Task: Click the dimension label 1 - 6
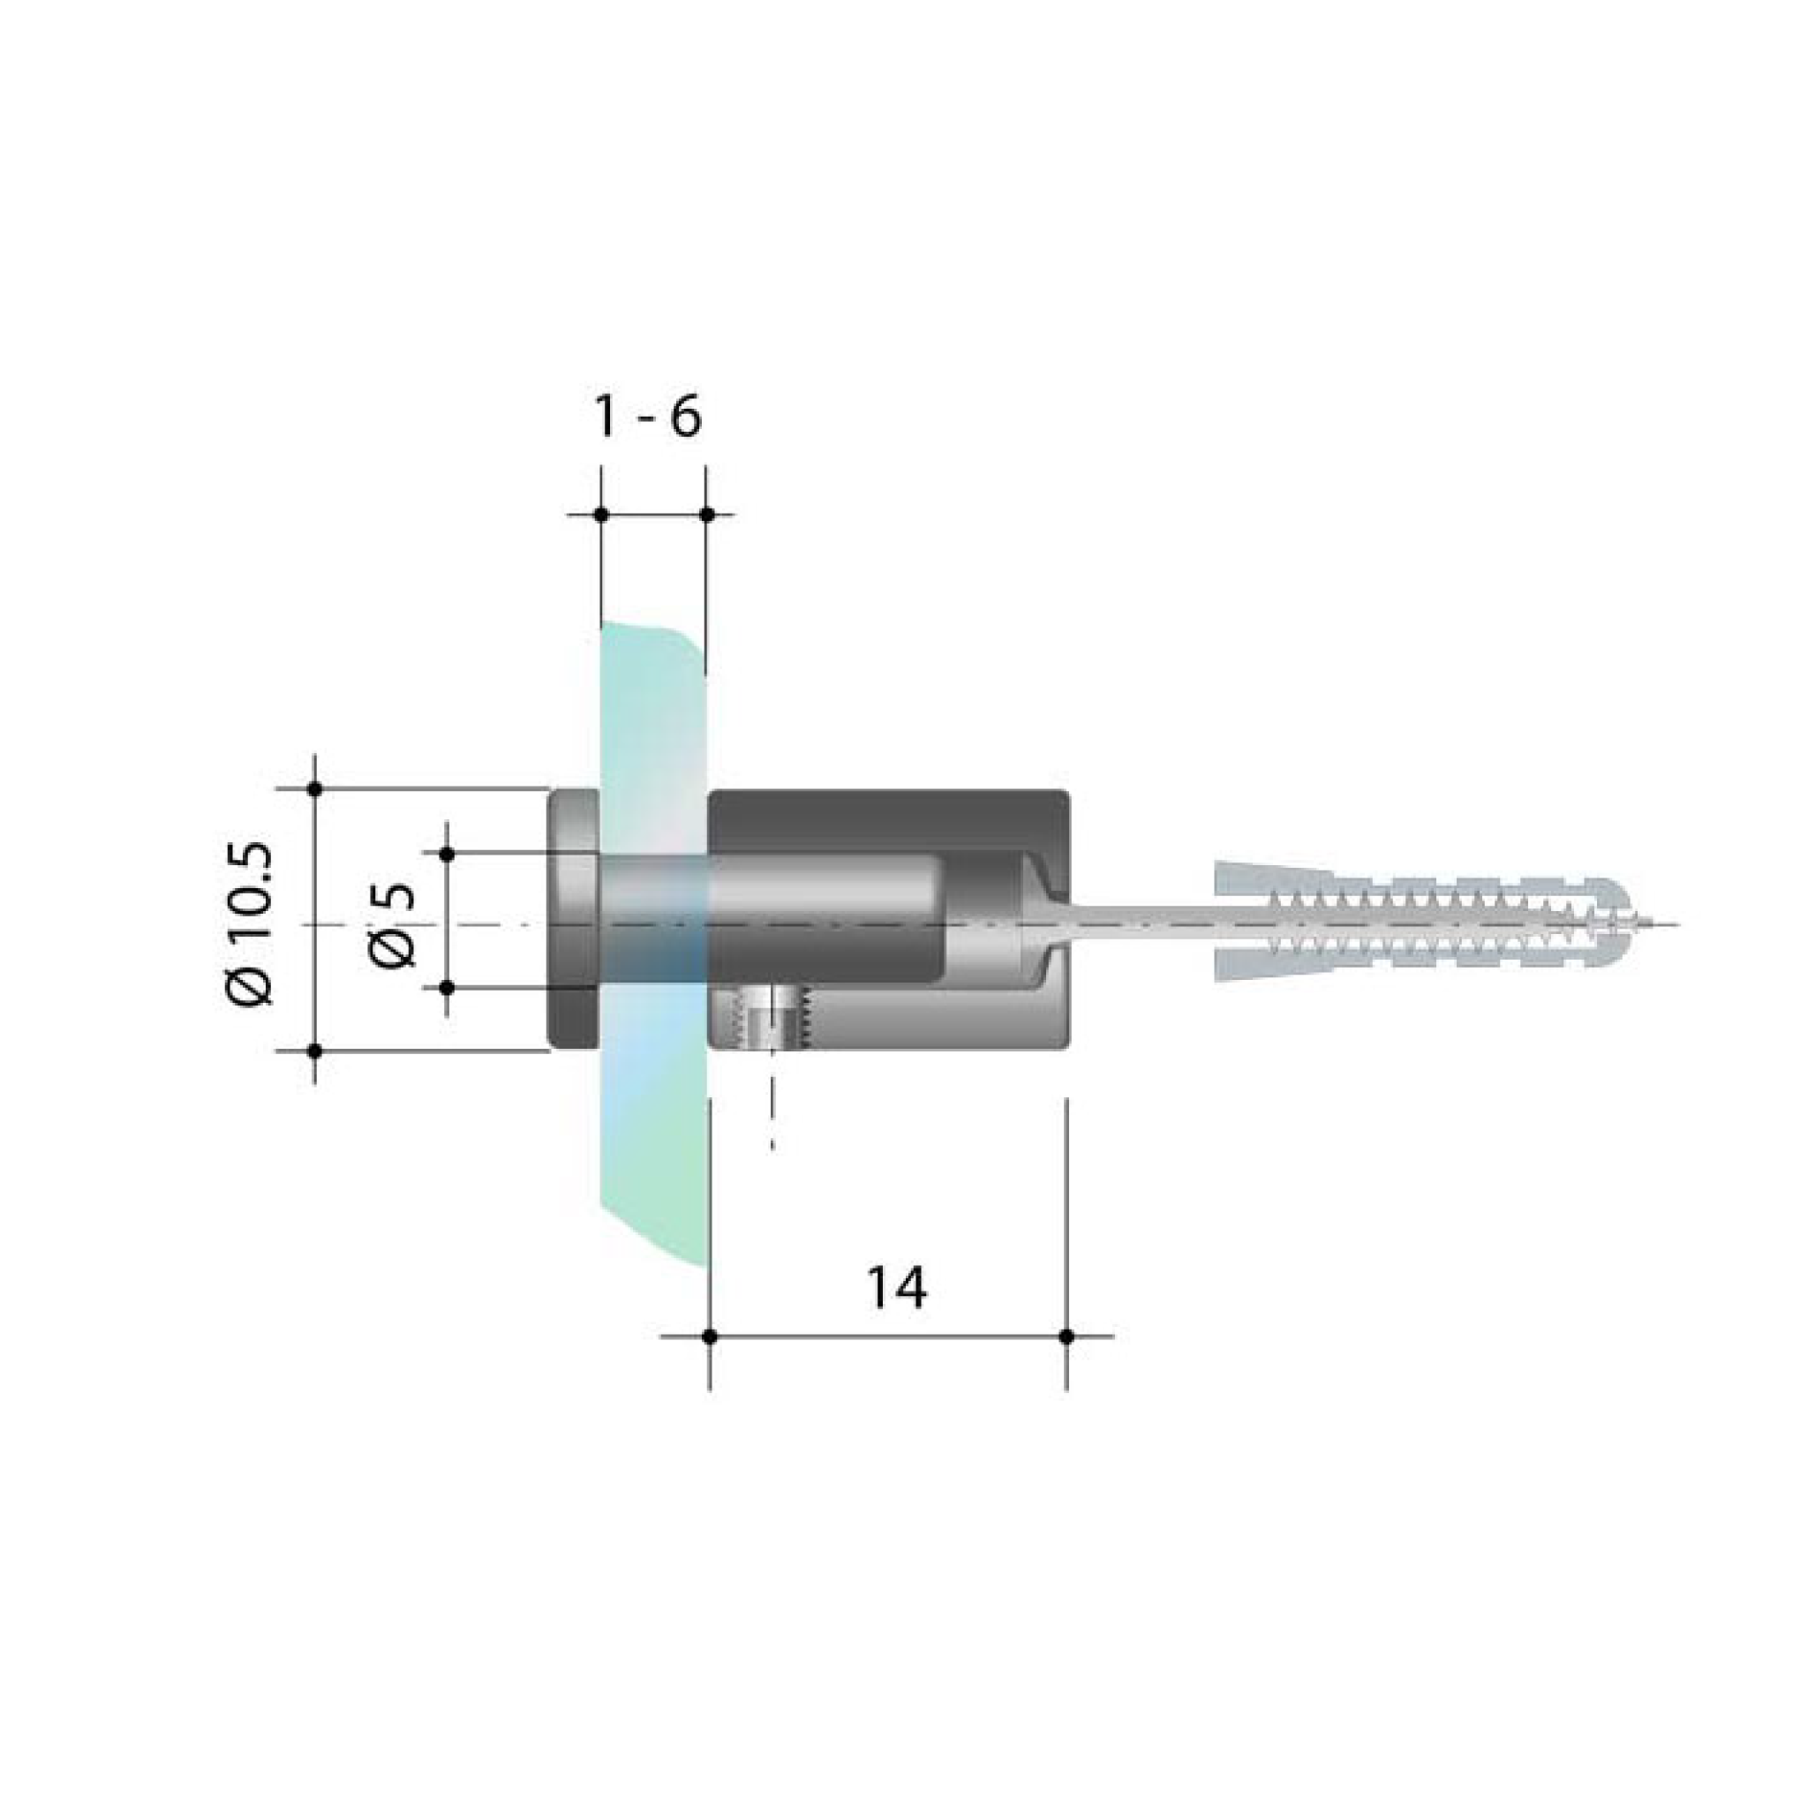pos(648,418)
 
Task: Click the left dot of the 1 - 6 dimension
pos(601,515)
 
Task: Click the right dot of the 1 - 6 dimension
pos(707,515)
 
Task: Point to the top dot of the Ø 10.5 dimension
pos(315,789)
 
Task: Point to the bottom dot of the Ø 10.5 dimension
pos(315,1051)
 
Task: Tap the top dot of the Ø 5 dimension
pos(448,854)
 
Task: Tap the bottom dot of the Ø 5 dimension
pos(448,987)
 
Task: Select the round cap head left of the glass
pos(573,920)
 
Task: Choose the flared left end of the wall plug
pos(1235,924)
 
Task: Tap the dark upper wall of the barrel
pos(889,821)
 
